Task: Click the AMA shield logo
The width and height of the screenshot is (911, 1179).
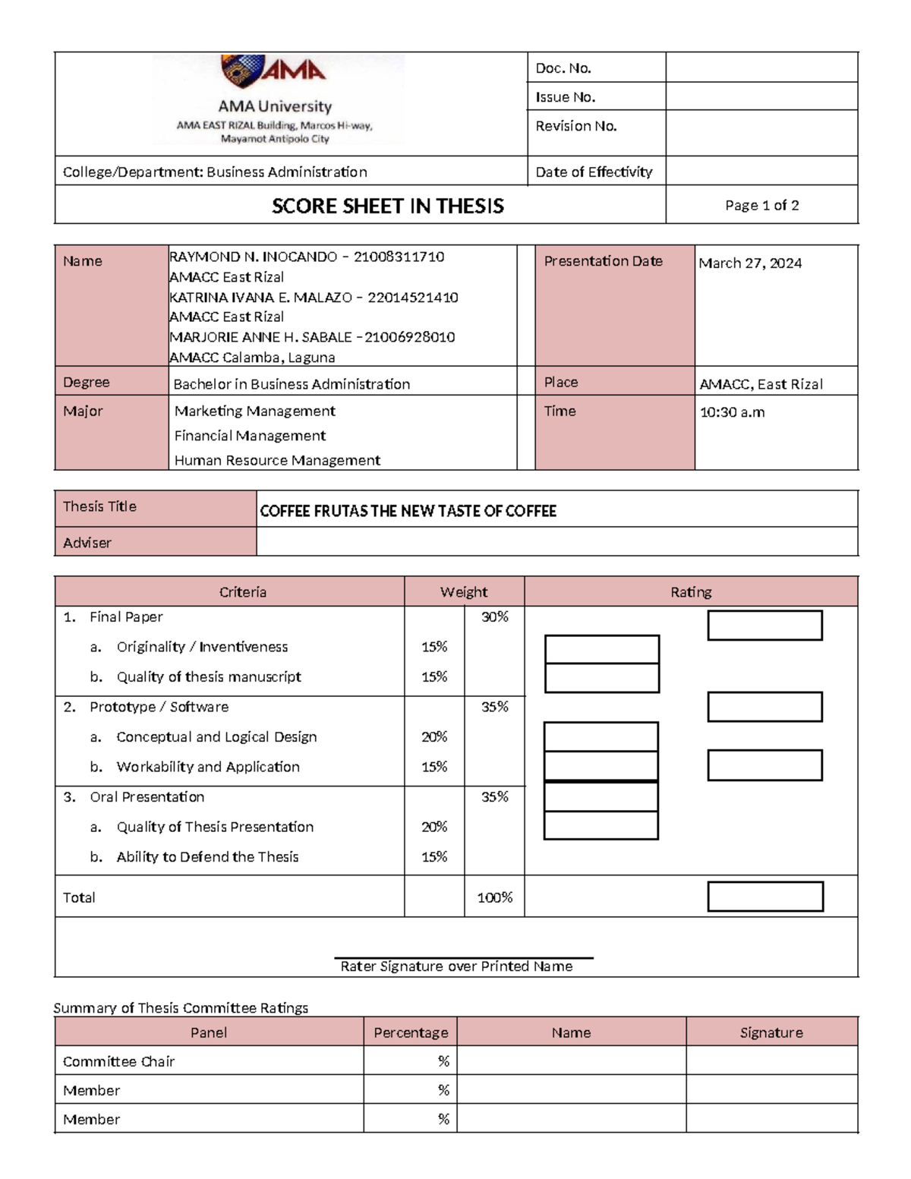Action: point(242,70)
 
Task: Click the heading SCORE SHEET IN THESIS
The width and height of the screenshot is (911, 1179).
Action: point(387,206)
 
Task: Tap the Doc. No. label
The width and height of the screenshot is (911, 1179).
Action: point(563,68)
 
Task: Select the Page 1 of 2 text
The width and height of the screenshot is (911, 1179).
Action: point(761,206)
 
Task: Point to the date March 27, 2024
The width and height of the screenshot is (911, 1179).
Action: point(750,263)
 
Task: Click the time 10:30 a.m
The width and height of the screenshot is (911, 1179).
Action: point(732,413)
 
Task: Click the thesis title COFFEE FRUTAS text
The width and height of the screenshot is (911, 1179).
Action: point(408,511)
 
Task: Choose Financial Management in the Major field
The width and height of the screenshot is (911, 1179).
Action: point(250,436)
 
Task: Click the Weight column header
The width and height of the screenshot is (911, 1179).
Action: point(463,592)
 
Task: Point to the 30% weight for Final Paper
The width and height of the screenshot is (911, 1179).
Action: point(494,617)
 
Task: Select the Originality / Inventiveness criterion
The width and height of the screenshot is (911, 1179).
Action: point(202,647)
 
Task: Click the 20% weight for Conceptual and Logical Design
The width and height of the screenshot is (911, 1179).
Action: point(434,737)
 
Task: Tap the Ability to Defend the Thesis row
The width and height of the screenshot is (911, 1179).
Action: point(207,857)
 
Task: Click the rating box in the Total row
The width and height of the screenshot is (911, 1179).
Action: point(765,897)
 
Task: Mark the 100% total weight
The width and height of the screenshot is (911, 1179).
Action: point(494,897)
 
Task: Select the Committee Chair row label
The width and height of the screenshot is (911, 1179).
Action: point(119,1061)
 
